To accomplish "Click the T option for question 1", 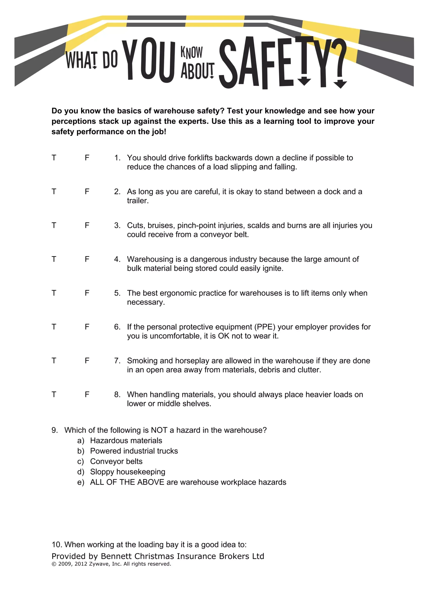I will point(54,158).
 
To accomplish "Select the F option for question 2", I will point(87,191).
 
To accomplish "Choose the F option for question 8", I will point(87,394).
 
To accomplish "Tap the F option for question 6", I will point(87,327).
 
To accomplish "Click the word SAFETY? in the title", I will point(282,63).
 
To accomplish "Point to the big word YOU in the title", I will point(149,60).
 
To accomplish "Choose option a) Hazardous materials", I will point(126,440).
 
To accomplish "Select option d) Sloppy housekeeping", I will point(128,472).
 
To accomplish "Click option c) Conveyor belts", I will point(116,461).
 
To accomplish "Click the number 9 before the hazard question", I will point(54,430).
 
